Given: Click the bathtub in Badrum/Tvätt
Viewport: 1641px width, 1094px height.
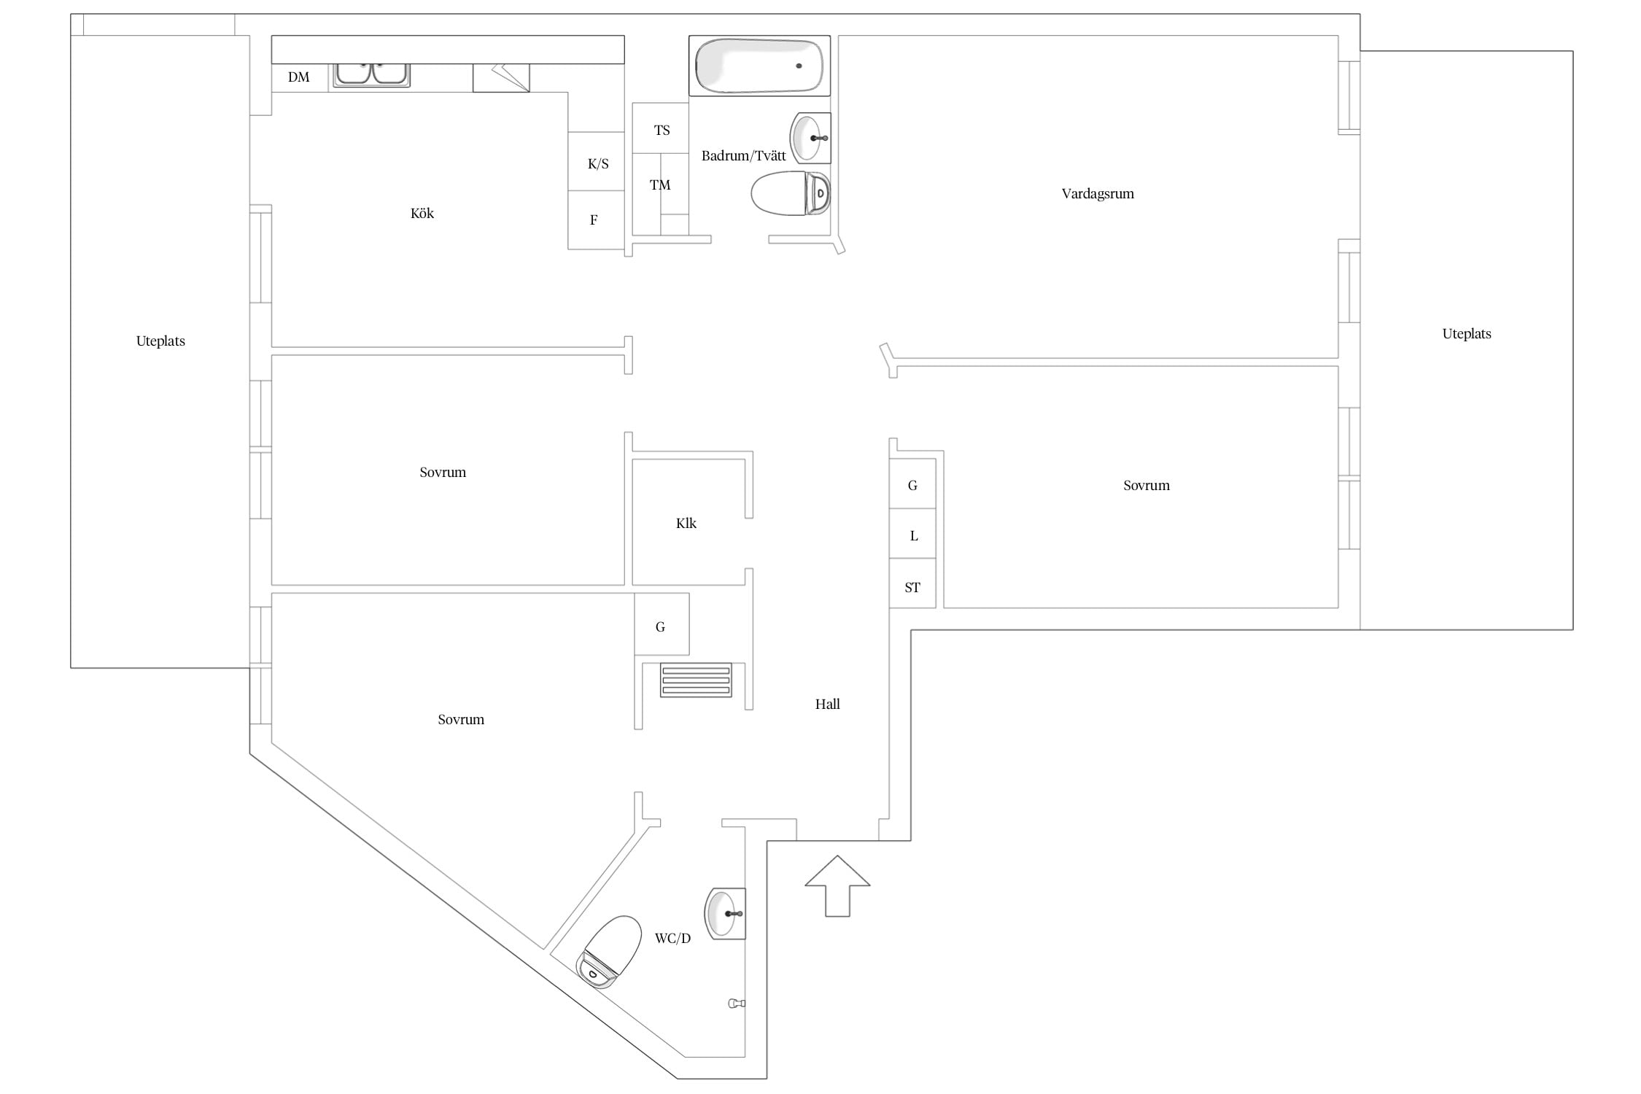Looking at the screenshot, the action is (759, 66).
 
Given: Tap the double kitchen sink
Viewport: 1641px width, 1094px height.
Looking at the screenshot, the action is (371, 75).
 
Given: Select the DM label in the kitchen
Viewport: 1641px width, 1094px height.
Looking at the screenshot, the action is (299, 77).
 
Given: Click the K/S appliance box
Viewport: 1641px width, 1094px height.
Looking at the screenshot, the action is (597, 161).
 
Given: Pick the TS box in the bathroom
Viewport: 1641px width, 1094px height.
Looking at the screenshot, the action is (661, 128).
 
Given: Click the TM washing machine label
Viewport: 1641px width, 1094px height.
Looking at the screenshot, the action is (660, 185).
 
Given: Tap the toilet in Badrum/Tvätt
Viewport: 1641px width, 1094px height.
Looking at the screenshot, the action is (791, 193).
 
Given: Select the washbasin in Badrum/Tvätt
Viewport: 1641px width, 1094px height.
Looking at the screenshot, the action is (810, 137).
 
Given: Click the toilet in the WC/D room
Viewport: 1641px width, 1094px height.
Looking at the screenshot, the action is (609, 952).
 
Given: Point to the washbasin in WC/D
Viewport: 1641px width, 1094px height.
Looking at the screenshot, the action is (725, 913).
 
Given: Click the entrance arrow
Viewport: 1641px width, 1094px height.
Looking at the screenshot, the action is (837, 885).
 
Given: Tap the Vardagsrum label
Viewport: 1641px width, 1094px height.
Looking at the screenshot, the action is (1098, 194).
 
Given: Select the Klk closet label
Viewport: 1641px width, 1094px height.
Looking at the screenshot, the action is (686, 524).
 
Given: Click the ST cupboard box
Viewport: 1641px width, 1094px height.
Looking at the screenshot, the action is (912, 583).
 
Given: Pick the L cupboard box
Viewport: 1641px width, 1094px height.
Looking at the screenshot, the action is (912, 534).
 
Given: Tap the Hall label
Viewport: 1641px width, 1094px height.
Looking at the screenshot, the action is (828, 705).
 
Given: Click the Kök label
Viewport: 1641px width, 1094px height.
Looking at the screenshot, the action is (422, 214).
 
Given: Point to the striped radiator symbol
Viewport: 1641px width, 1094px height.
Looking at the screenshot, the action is (696, 680).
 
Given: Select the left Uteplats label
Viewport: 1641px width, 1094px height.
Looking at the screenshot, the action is (160, 341).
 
